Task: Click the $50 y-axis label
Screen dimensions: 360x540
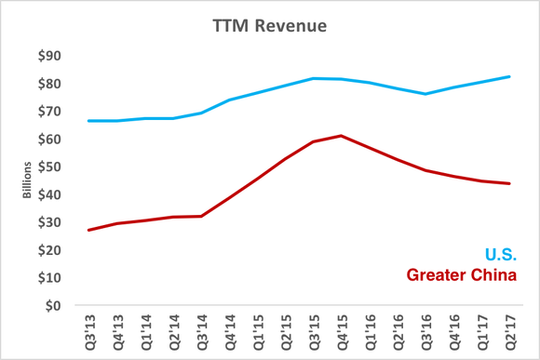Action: (x=51, y=167)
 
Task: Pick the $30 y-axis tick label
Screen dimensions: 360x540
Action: (x=51, y=222)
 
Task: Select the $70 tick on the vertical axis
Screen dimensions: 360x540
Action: (x=51, y=112)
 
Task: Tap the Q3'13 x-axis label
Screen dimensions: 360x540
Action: (x=89, y=330)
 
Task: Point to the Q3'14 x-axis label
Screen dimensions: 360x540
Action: (x=202, y=330)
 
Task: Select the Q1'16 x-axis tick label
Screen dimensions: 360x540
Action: (x=371, y=330)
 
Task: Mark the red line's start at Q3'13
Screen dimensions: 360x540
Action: (x=88, y=230)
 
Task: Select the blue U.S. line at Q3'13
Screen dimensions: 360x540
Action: (x=88, y=121)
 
